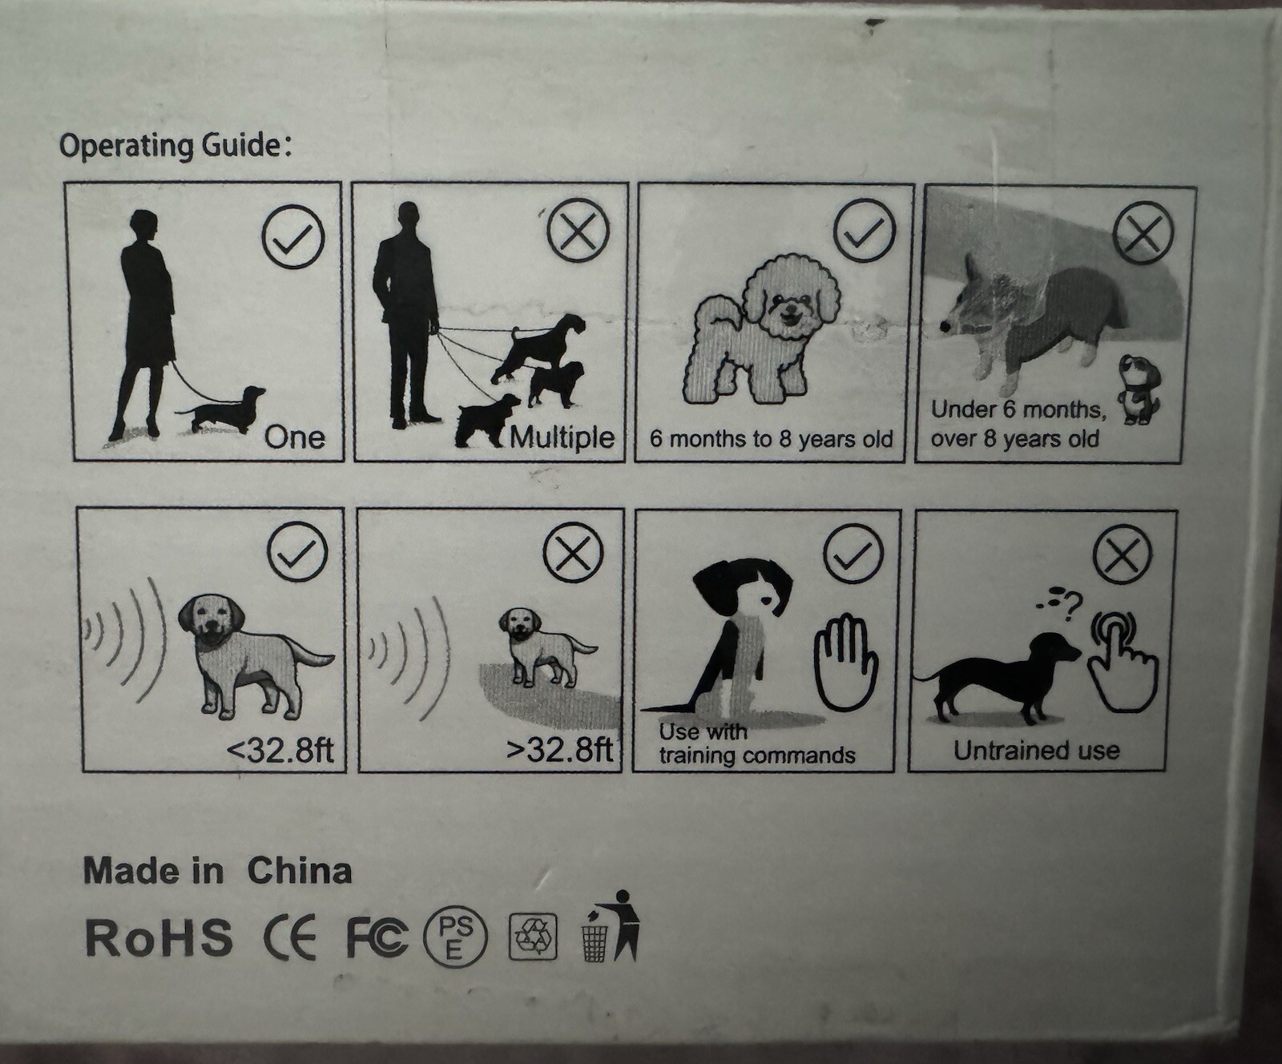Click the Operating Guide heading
[x=175, y=146]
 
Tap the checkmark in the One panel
[x=293, y=236]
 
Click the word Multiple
[x=562, y=437]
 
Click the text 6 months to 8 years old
[x=771, y=439]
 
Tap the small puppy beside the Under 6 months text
[x=1139, y=389]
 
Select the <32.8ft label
[x=280, y=751]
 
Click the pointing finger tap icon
[x=1123, y=663]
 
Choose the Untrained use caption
[x=1036, y=751]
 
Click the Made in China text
[x=217, y=871]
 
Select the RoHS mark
[x=159, y=937]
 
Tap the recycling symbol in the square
[x=533, y=937]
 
